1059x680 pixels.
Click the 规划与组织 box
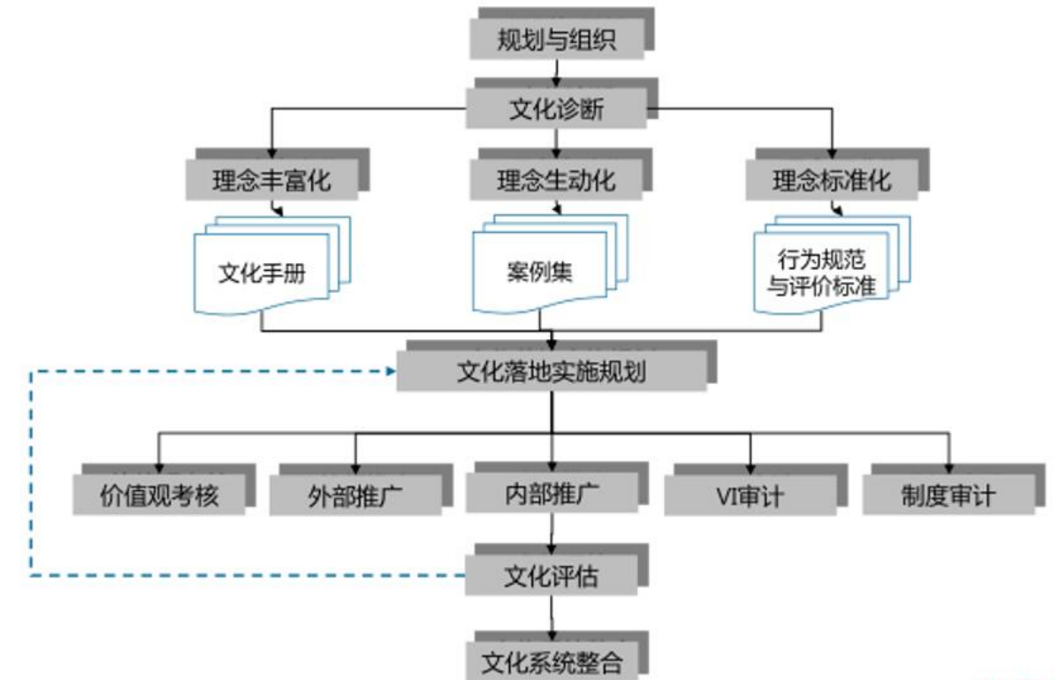[x=556, y=40]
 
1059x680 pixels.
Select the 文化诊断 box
[x=556, y=110]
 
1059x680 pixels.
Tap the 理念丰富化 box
[x=271, y=181]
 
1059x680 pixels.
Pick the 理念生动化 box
[x=556, y=181]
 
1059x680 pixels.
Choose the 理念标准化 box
[x=832, y=181]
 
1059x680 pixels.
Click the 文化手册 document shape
[x=262, y=273]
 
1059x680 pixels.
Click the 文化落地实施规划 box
[x=552, y=371]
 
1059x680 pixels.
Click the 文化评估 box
[x=552, y=576]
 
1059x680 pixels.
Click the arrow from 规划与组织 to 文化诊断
[x=556, y=73]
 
